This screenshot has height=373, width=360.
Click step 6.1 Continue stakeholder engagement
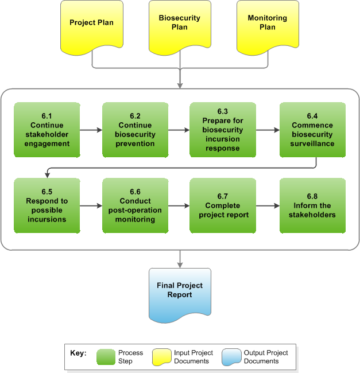47,130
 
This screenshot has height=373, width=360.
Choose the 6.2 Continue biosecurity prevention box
136,130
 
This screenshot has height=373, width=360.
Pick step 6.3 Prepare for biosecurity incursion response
223,130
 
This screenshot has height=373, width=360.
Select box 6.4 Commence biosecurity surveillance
312,130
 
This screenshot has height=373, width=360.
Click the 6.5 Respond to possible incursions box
47,205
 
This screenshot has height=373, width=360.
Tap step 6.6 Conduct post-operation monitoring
136,205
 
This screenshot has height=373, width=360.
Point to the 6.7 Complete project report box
223,205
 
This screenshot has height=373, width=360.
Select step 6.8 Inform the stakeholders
312,205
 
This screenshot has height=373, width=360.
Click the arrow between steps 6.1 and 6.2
91,130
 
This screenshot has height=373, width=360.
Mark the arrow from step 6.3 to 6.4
268,130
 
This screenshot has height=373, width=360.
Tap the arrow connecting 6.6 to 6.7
179,205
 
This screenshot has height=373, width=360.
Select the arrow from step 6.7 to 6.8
268,205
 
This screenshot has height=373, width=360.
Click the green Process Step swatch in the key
106,357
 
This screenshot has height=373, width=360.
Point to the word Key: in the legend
78,353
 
